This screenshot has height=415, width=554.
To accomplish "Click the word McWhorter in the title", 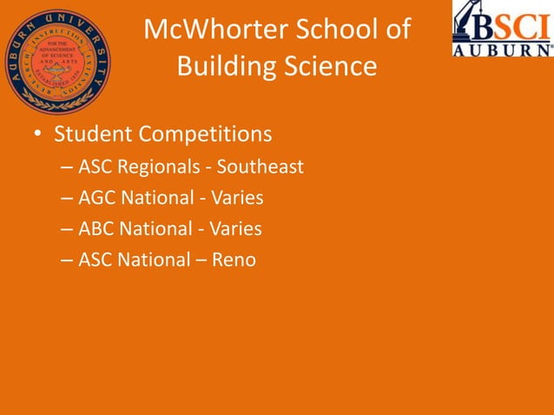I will pos(207,30).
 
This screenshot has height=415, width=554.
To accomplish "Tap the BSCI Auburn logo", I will pos(502,29).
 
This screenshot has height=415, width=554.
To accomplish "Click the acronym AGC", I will pos(97,198).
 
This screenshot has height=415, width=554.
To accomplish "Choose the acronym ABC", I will pos(97,229).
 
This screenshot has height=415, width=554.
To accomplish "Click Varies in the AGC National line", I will pos(236,198).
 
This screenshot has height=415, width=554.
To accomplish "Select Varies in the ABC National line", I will pos(234,229).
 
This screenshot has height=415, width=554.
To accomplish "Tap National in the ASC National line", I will pos(154,260).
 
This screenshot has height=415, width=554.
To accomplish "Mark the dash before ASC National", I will pos(68,260).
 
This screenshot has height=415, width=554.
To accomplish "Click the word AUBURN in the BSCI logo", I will pos(502,49).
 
